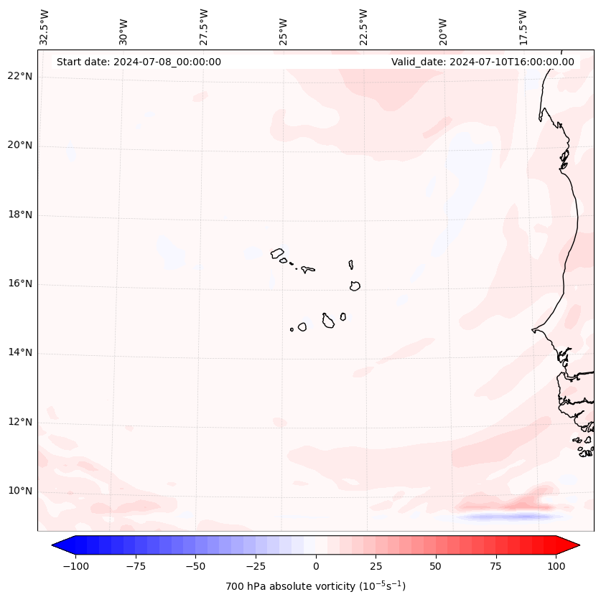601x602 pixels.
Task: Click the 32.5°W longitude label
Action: pos(45,27)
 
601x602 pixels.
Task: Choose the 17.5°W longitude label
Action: pos(523,27)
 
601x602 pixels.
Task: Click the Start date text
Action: pos(139,62)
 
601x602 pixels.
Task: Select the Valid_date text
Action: pos(483,62)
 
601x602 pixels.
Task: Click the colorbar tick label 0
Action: pos(316,566)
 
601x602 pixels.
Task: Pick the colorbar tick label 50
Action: pos(436,566)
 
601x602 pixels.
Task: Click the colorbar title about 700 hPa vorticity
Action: pos(316,586)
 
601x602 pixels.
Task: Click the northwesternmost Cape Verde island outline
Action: pos(277,253)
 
